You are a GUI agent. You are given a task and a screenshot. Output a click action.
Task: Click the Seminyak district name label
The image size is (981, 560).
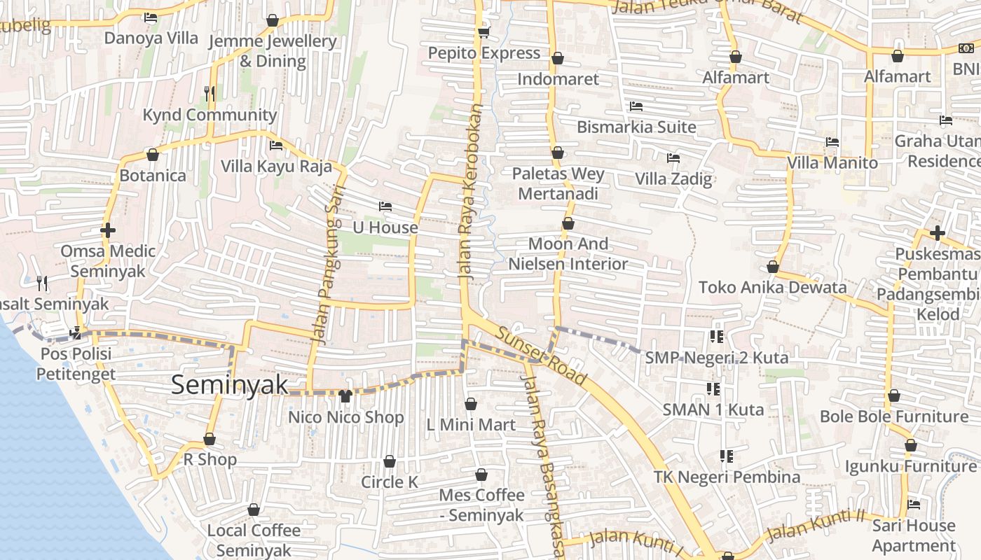230,384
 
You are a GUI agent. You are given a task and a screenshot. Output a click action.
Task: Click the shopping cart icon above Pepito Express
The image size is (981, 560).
483,32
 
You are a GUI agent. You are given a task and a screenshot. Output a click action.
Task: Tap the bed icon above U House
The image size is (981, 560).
385,206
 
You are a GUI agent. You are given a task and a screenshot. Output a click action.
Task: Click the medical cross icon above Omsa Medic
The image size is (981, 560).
108,230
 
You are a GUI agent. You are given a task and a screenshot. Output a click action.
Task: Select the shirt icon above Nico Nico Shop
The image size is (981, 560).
345,396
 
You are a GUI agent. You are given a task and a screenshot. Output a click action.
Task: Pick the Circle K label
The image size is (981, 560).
390,482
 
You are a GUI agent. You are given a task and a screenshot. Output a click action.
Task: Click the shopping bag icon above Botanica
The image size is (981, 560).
153,155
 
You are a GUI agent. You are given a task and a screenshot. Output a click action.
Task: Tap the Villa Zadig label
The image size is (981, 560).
673,178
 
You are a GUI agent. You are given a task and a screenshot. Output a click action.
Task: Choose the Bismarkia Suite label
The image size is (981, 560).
636,127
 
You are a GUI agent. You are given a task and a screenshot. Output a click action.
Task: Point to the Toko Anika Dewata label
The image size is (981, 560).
772,287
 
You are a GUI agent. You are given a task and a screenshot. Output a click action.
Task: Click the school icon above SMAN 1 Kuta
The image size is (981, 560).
713,388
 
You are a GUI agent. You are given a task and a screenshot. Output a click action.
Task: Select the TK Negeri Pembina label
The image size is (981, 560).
727,477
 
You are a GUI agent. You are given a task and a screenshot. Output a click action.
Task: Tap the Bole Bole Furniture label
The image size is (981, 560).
894,416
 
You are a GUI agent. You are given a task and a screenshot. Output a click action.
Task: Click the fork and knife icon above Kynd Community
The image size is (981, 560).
209,93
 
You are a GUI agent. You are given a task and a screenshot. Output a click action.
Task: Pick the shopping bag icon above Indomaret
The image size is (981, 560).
558,58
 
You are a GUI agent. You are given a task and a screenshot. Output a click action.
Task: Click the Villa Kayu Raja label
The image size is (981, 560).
276,166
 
